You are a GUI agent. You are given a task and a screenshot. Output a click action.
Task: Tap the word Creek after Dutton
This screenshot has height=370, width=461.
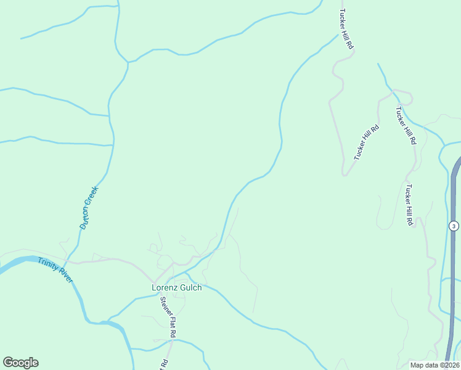pos(93,197)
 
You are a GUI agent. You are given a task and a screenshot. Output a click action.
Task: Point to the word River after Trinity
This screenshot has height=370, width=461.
pos(66,276)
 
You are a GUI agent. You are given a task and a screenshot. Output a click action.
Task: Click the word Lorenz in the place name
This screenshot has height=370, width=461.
pos(165,287)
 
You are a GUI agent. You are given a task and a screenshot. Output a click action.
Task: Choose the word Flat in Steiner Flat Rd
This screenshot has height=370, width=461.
pos(171,324)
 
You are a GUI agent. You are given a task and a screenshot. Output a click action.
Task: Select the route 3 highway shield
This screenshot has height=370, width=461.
pos(454,226)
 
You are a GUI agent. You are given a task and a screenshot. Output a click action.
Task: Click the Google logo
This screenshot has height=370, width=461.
pos(20,363)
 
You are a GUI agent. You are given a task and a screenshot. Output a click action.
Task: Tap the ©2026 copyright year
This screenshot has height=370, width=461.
pos(449,365)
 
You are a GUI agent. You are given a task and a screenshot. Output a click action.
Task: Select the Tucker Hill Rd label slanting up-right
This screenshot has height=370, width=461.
pos(366,142)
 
